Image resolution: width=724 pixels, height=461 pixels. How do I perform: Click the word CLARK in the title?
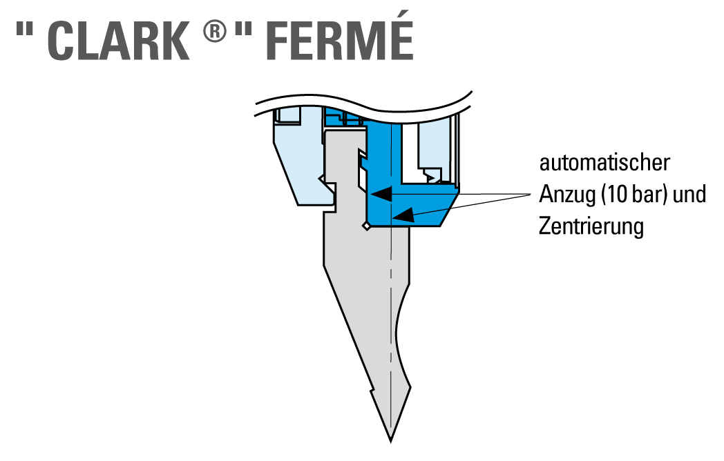[x=118, y=41]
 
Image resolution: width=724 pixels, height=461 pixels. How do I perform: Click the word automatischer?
[x=604, y=163]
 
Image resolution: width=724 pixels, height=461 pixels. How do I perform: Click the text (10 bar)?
[x=634, y=195]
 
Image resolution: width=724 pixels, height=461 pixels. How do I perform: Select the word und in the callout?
[x=689, y=195]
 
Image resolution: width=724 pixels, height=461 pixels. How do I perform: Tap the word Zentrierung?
[x=591, y=227]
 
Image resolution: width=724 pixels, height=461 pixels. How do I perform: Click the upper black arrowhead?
[x=381, y=194]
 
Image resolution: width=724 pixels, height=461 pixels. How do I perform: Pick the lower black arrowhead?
[x=403, y=215]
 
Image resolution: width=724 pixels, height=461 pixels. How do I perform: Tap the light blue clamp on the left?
[x=300, y=161]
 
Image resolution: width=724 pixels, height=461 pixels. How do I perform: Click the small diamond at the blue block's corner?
[x=366, y=226]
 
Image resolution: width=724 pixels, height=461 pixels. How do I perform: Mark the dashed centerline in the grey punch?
[x=391, y=277]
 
